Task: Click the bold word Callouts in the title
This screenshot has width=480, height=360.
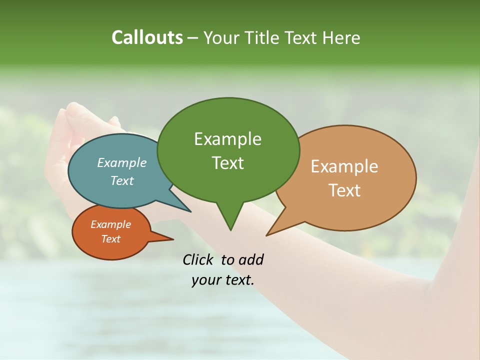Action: (147, 37)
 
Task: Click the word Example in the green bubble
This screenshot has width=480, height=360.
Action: (227, 139)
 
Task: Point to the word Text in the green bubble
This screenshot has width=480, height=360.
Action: (227, 163)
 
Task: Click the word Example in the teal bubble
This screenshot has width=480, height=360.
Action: (122, 162)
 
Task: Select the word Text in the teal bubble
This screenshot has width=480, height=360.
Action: (122, 180)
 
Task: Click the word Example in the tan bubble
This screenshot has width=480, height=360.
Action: (344, 166)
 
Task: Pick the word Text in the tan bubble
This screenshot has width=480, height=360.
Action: (344, 190)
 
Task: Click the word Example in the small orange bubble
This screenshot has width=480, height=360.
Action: (110, 224)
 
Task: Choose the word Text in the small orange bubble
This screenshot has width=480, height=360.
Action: (110, 239)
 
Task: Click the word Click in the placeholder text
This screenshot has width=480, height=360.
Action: (198, 259)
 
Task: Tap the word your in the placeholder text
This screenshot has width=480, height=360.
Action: (205, 280)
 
